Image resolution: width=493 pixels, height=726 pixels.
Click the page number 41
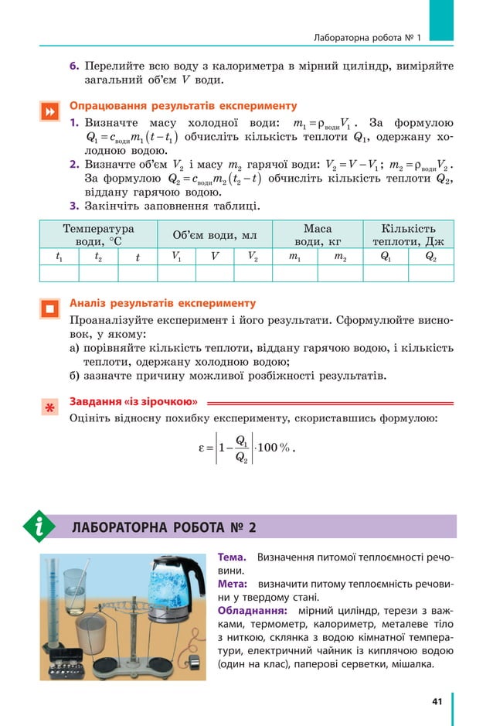click(437, 701)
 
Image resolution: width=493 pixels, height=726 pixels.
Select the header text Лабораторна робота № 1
click(367, 37)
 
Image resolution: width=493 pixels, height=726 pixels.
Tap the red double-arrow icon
click(49, 112)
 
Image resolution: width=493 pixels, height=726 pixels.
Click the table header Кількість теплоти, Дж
click(408, 235)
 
